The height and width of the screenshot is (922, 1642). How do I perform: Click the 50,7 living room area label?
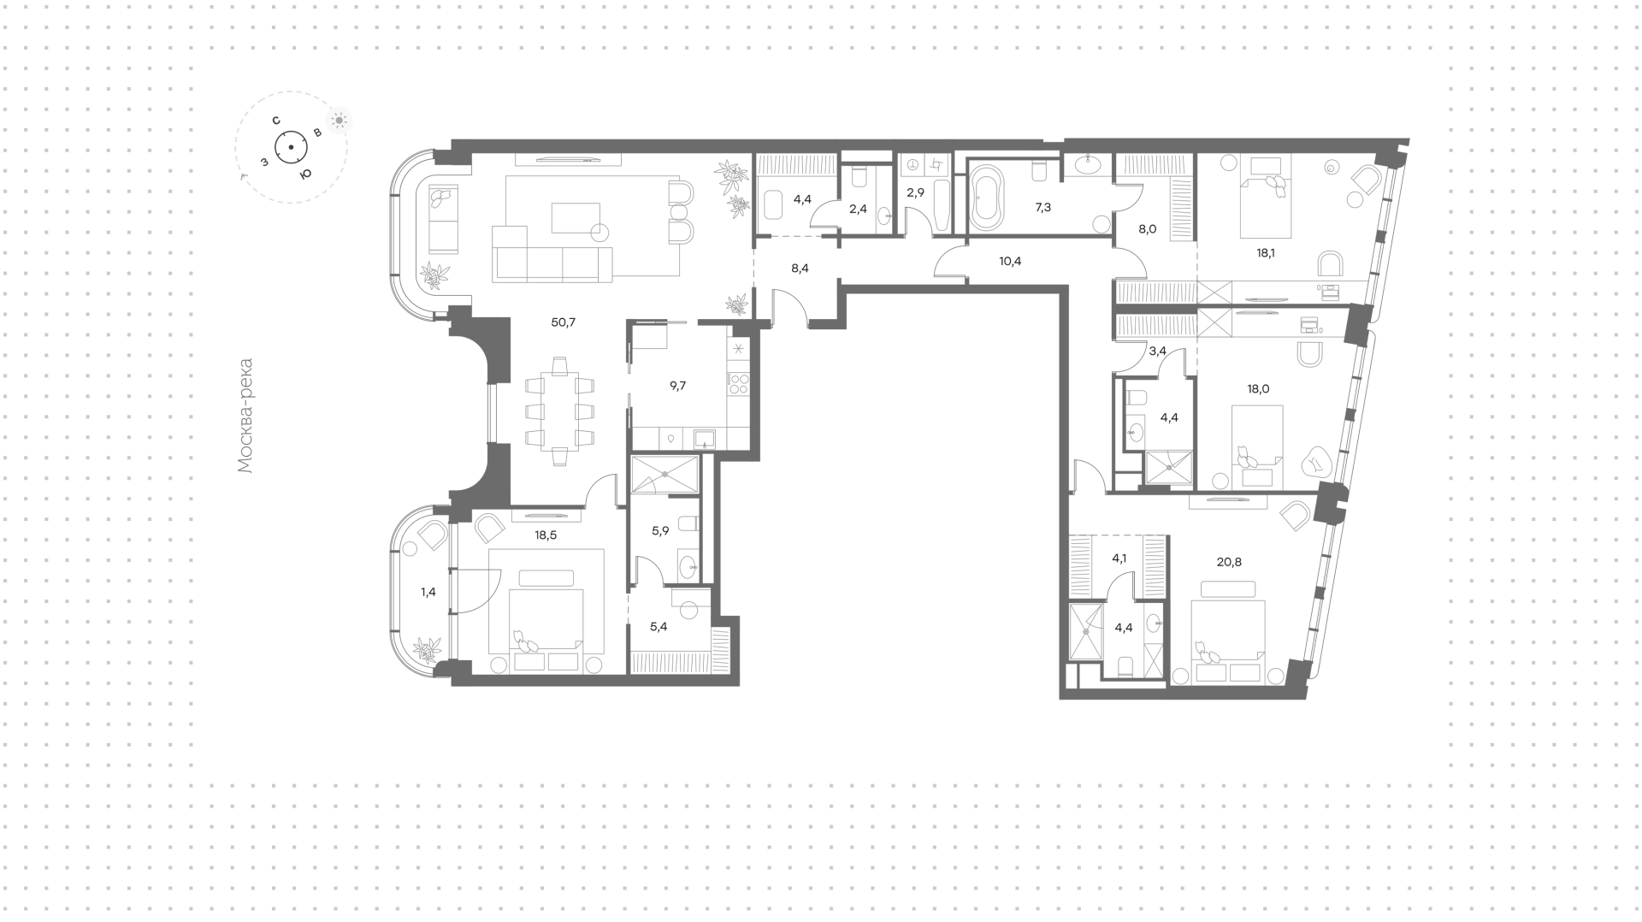pyautogui.click(x=564, y=322)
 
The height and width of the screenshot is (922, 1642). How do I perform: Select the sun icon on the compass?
pyautogui.click(x=339, y=121)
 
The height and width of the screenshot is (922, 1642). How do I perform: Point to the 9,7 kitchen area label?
pyautogui.click(x=677, y=386)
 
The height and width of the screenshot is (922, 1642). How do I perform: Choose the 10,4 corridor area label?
pyautogui.click(x=1010, y=261)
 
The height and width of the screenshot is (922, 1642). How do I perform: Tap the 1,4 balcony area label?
pyautogui.click(x=428, y=591)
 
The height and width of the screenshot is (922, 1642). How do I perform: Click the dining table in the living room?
pyautogui.click(x=559, y=411)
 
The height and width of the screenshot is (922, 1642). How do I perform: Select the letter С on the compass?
pyautogui.click(x=276, y=121)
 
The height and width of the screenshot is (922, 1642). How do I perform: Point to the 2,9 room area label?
pyautogui.click(x=915, y=192)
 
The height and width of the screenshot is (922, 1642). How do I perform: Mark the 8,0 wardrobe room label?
pyautogui.click(x=1147, y=228)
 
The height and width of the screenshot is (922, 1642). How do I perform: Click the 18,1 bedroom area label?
pyautogui.click(x=1267, y=253)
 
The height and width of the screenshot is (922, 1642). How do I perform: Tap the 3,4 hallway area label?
pyautogui.click(x=1158, y=350)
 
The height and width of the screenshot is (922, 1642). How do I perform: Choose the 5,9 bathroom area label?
pyautogui.click(x=660, y=530)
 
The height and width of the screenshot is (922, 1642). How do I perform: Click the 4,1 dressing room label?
pyautogui.click(x=1120, y=559)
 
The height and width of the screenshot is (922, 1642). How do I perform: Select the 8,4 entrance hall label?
pyautogui.click(x=800, y=268)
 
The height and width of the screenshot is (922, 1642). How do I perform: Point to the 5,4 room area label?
pyautogui.click(x=659, y=626)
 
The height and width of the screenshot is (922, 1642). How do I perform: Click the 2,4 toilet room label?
pyautogui.click(x=857, y=208)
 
